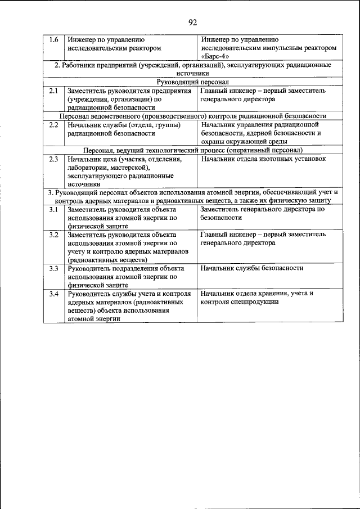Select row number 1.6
[53, 40]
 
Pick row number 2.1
[53, 91]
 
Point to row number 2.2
[53, 125]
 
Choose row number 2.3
[53, 159]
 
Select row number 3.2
[53, 235]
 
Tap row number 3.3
[53, 268]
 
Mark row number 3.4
[53, 294]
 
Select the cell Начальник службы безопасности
[251, 268]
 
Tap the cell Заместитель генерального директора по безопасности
[262, 213]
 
